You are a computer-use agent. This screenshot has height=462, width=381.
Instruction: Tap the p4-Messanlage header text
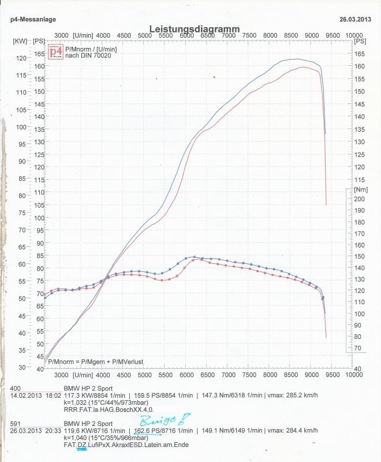(33, 19)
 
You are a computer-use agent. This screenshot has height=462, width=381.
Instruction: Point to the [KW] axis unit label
(19, 41)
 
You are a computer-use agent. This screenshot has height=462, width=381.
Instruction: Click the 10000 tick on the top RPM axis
(354, 35)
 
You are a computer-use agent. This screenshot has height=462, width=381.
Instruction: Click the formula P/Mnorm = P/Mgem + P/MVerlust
(95, 362)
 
